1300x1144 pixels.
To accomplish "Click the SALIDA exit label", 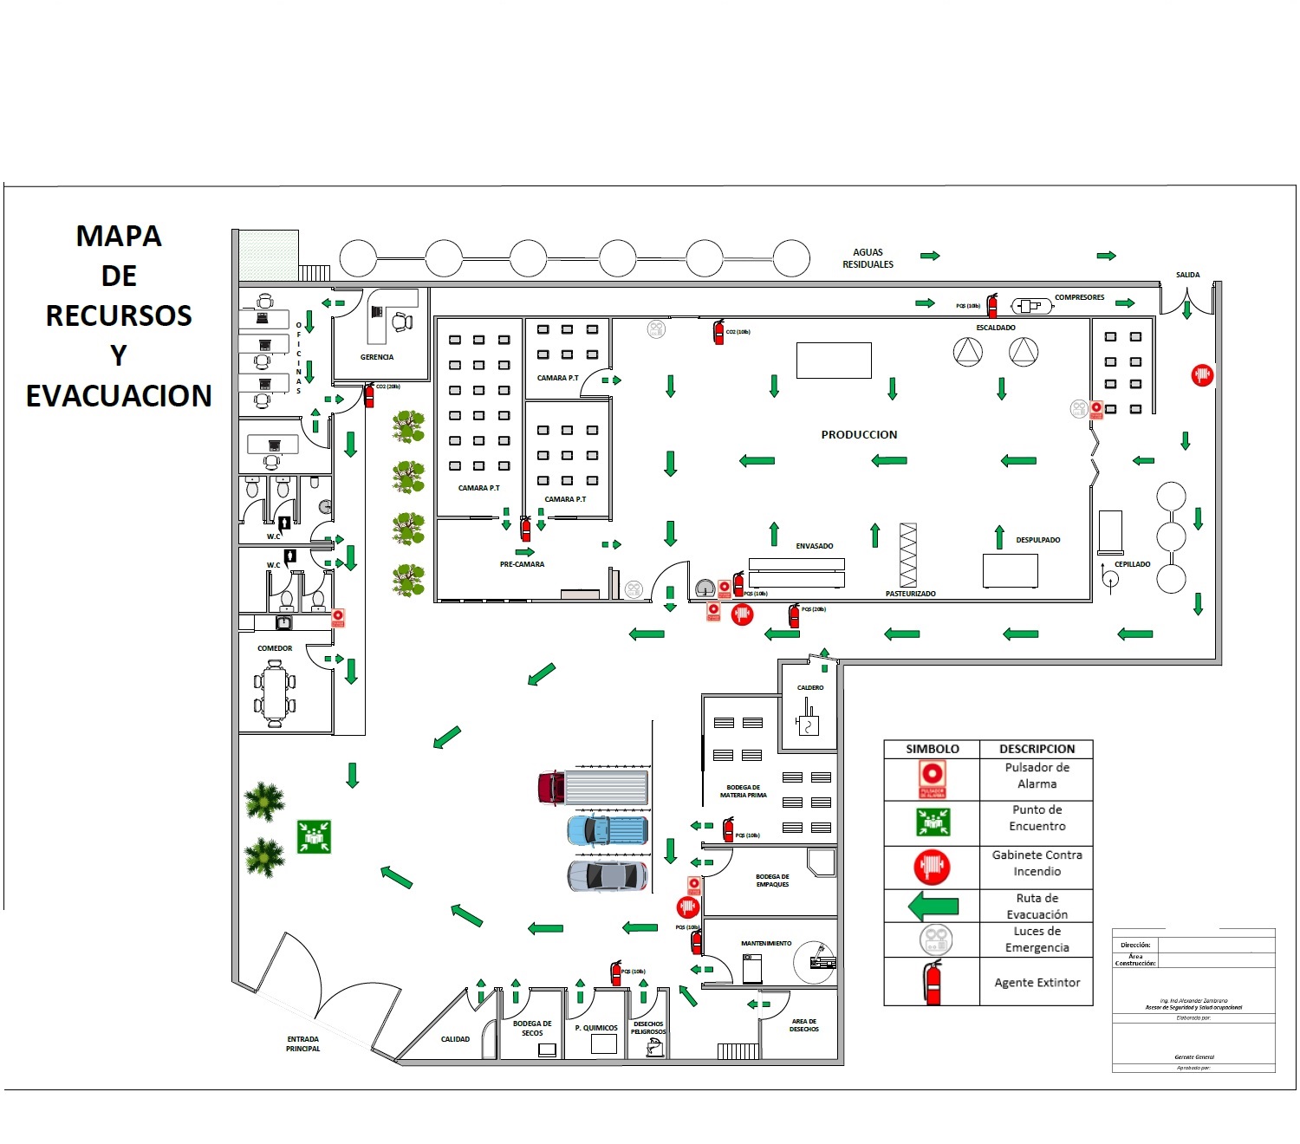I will (x=1187, y=275).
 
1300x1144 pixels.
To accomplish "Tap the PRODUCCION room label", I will (x=859, y=434).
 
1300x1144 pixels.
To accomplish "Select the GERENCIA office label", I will (x=377, y=357).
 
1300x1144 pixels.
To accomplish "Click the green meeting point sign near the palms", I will (x=314, y=836).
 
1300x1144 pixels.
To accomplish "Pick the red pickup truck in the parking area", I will (x=592, y=788).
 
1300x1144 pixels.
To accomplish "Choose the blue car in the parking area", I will (x=608, y=830).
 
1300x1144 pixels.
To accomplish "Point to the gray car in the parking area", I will (x=608, y=875).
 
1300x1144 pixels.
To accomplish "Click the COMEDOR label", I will (x=275, y=648).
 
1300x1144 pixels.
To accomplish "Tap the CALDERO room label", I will (x=810, y=687).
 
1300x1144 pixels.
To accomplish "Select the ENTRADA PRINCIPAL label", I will (x=303, y=1043).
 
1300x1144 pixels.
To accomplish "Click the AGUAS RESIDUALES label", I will (x=868, y=258).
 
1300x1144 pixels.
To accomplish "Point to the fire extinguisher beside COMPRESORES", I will (x=992, y=306).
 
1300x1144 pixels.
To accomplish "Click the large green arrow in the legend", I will (x=933, y=907).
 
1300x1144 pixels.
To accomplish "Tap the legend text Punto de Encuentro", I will (x=1037, y=817).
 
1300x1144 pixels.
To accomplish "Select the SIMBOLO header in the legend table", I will (x=932, y=749).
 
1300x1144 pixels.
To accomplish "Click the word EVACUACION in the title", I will (x=119, y=396).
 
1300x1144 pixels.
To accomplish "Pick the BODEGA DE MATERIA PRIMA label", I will (x=744, y=791).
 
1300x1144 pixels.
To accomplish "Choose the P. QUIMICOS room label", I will (x=596, y=1028).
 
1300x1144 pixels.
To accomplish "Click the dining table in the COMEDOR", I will (x=275, y=693).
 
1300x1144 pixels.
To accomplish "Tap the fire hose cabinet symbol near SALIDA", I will (x=1201, y=375).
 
